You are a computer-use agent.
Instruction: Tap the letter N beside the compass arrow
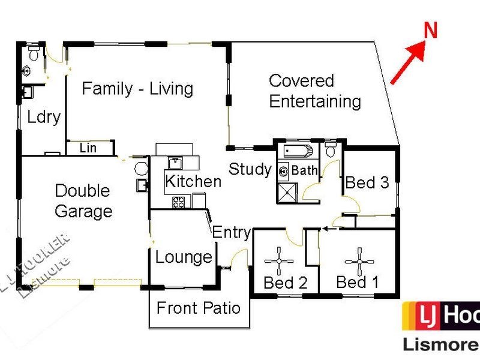[430, 32]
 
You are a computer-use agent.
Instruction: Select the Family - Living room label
[137, 89]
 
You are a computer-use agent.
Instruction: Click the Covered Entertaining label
[314, 91]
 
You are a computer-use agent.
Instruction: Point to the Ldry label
[44, 116]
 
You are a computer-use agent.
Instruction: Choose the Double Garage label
[83, 201]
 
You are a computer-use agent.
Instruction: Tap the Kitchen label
[193, 181]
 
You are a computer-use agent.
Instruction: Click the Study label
[250, 169]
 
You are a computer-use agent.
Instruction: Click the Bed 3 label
[368, 182]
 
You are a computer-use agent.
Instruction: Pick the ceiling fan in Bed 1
[359, 260]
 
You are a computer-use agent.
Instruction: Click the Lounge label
[184, 257]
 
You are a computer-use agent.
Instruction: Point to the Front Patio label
[198, 308]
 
